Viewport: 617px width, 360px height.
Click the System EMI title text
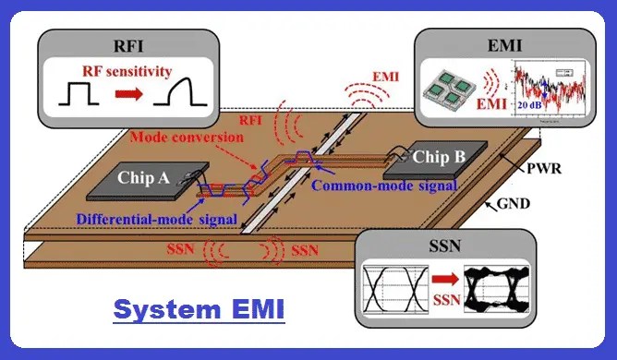click(x=199, y=309)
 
